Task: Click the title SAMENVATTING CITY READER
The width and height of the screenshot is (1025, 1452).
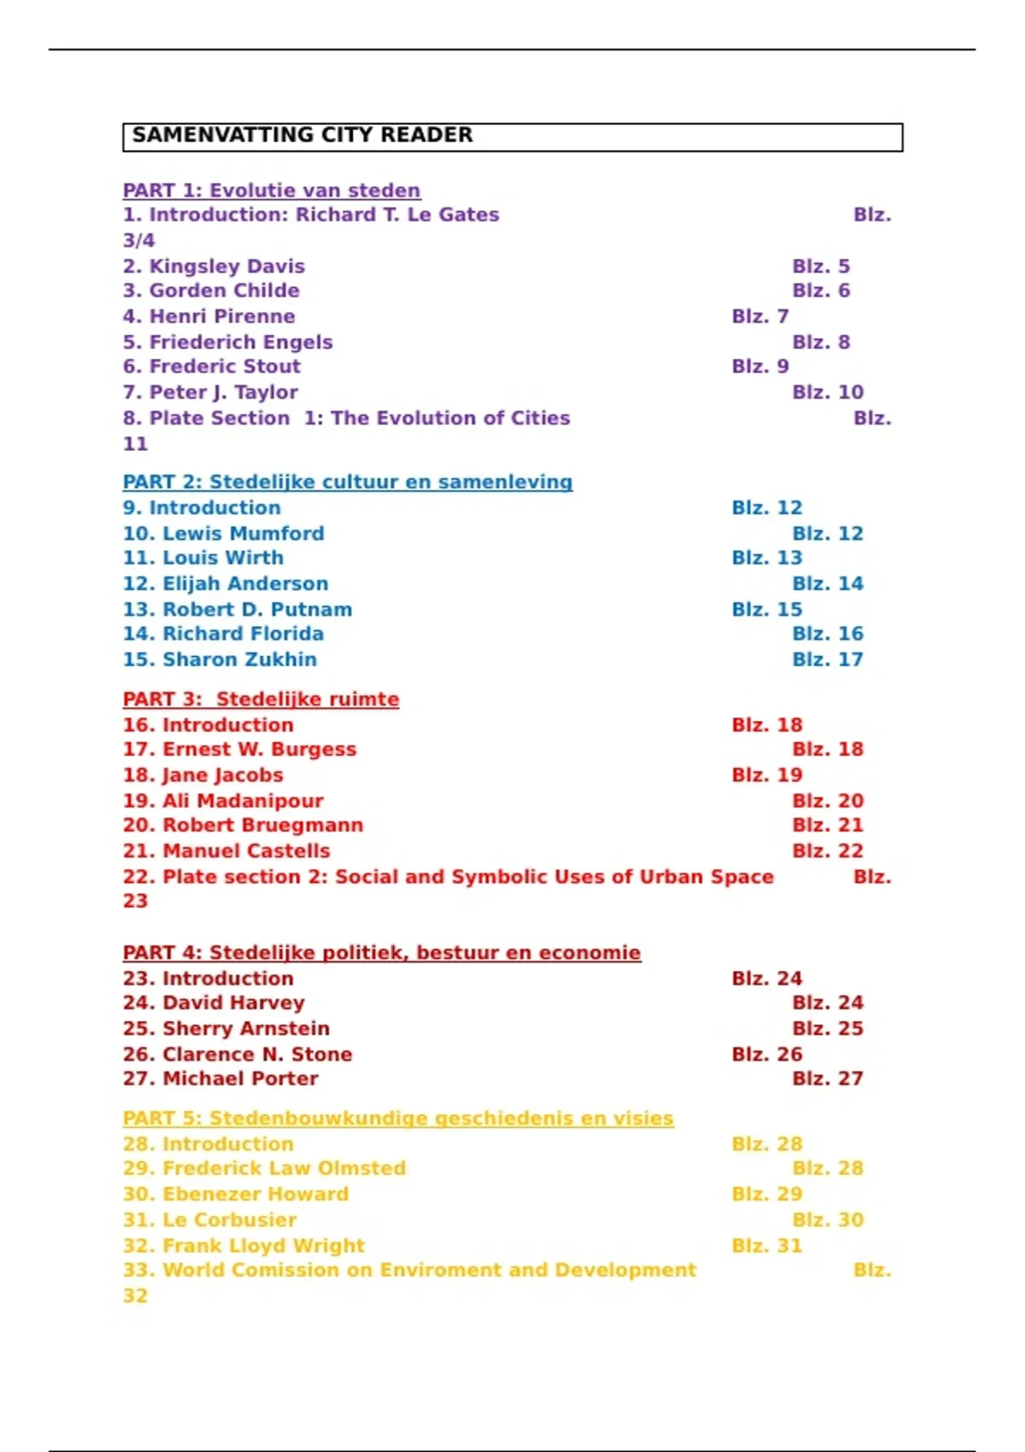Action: (302, 135)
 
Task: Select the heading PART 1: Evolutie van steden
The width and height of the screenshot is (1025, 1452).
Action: (272, 190)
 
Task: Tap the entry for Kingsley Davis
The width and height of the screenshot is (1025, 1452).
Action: (214, 266)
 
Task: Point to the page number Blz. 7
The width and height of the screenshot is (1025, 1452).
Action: (759, 316)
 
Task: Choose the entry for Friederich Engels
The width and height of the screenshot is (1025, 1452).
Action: (227, 342)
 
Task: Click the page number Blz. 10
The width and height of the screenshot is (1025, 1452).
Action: (827, 392)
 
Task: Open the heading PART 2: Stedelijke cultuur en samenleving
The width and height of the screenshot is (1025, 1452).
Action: (347, 482)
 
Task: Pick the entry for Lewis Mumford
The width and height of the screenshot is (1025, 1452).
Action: (223, 534)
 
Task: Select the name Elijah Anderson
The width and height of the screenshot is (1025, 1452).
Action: (245, 583)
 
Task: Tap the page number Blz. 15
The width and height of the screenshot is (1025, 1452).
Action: (766, 609)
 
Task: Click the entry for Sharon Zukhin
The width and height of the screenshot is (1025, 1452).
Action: (220, 659)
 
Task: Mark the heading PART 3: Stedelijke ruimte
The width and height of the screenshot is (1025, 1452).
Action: (261, 699)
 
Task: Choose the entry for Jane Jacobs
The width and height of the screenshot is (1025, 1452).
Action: (202, 775)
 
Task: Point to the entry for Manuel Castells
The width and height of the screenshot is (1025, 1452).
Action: (226, 851)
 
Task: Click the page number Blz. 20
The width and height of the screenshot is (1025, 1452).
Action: (827, 800)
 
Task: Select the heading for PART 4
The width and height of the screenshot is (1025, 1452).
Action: (381, 952)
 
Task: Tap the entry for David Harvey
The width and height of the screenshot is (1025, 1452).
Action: (214, 1003)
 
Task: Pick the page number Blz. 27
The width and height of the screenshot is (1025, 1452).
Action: (827, 1079)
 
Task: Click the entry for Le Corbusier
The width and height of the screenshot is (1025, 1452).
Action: (209, 1220)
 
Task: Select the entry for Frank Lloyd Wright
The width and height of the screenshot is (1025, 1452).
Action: (243, 1245)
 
